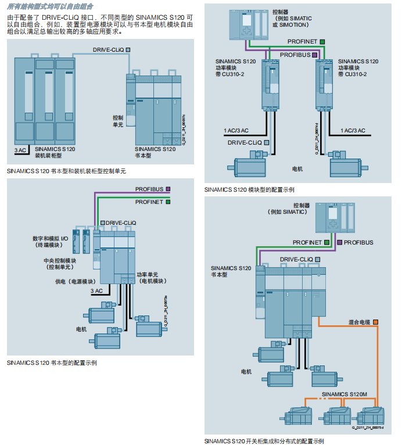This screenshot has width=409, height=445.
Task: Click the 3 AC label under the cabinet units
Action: point(20,150)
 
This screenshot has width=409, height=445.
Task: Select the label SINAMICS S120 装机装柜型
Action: point(55,153)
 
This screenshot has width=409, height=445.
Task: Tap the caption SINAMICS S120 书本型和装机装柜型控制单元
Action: point(67,171)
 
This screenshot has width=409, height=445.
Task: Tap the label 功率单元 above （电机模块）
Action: point(149,274)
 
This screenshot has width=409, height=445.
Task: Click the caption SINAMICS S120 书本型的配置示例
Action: point(52,362)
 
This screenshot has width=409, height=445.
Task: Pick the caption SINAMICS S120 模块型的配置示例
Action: point(249,189)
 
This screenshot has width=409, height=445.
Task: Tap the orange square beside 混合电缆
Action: point(376,322)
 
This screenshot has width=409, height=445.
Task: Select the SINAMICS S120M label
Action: point(346,394)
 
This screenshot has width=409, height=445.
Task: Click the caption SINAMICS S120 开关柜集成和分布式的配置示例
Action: point(264,441)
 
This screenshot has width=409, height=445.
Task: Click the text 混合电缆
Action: point(360,322)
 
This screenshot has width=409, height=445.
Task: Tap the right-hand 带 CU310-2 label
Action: point(356,74)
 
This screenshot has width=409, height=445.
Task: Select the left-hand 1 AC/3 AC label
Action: point(236,131)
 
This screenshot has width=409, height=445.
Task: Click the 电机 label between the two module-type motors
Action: point(297,170)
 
